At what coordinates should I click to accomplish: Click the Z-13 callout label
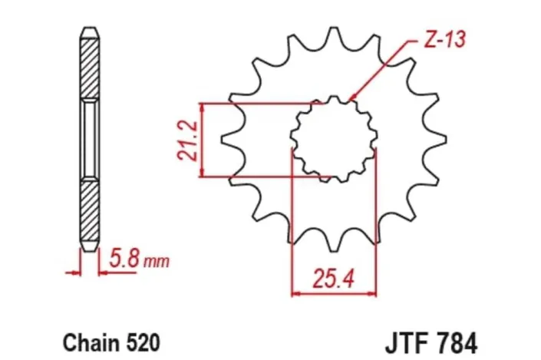pos(444,40)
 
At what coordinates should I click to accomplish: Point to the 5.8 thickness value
pos(125,259)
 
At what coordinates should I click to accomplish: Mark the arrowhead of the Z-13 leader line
pos(350,101)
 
